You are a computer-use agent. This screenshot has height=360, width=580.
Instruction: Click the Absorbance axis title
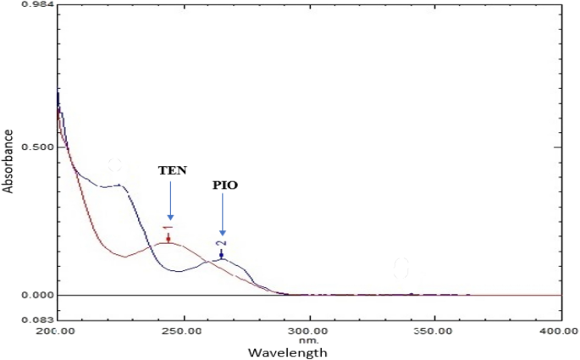click(8, 161)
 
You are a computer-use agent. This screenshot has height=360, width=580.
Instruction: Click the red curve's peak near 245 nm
click(169, 242)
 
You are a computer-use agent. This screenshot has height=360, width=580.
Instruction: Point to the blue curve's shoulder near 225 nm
click(119, 185)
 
